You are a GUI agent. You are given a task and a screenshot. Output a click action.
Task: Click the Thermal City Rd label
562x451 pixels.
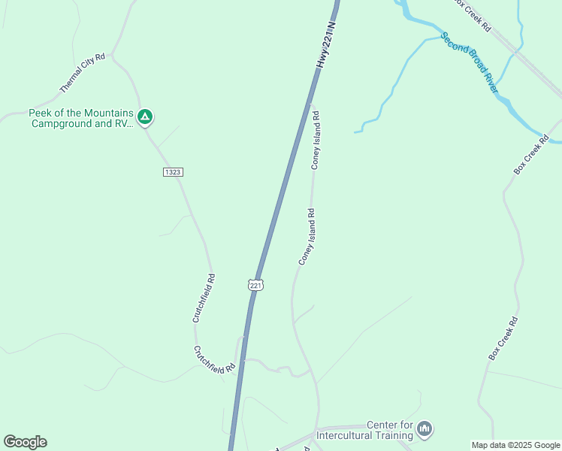(x=83, y=73)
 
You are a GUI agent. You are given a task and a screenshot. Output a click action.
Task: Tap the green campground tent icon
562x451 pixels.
(x=146, y=117)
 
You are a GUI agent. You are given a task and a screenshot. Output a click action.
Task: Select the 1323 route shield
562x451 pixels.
(x=173, y=172)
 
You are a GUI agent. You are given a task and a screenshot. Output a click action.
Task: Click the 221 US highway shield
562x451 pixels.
(x=255, y=285)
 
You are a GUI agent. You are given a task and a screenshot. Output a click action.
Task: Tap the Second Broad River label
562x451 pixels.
(x=470, y=62)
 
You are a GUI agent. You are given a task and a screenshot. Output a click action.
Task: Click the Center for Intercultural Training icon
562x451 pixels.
(x=425, y=429)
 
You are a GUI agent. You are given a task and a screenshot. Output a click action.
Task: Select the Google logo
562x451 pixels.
(x=25, y=442)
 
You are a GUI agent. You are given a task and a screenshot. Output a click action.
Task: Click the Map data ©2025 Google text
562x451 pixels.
(x=515, y=445)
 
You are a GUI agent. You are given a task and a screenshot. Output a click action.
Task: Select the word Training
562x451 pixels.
(x=397, y=435)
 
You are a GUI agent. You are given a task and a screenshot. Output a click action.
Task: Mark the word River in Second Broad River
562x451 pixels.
(x=491, y=83)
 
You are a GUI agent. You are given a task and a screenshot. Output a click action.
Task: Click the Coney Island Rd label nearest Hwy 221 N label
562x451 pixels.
(x=316, y=140)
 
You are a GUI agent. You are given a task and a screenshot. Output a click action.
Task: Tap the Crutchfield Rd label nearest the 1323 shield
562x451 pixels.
(x=204, y=298)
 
